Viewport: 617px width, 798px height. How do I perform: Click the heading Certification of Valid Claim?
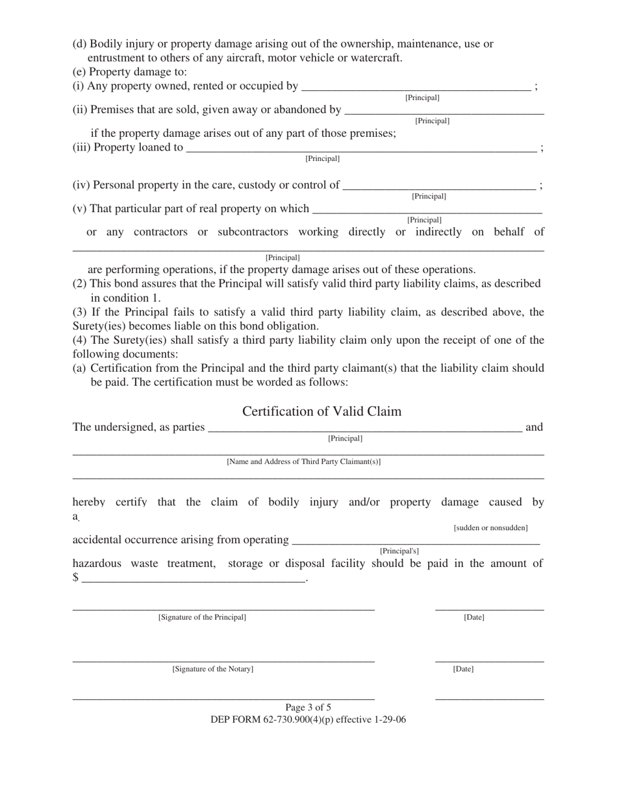321,411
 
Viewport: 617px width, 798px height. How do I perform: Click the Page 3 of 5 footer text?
308,707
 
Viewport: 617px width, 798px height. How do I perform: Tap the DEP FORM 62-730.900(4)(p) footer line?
308,719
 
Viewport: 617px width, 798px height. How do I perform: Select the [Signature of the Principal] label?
202,618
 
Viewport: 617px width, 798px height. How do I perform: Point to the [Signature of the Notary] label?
212,669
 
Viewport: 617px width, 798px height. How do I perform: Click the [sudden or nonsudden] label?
490,528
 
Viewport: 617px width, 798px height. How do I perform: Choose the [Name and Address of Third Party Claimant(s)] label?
303,462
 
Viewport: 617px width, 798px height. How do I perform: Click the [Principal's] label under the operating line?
399,551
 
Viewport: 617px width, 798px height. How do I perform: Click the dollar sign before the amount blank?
76,577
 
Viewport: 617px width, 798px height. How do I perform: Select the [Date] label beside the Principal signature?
473,618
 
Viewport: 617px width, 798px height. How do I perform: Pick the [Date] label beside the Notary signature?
463,669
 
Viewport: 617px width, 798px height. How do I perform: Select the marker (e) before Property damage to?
79,72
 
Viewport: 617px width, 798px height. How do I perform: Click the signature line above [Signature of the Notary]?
223,661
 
